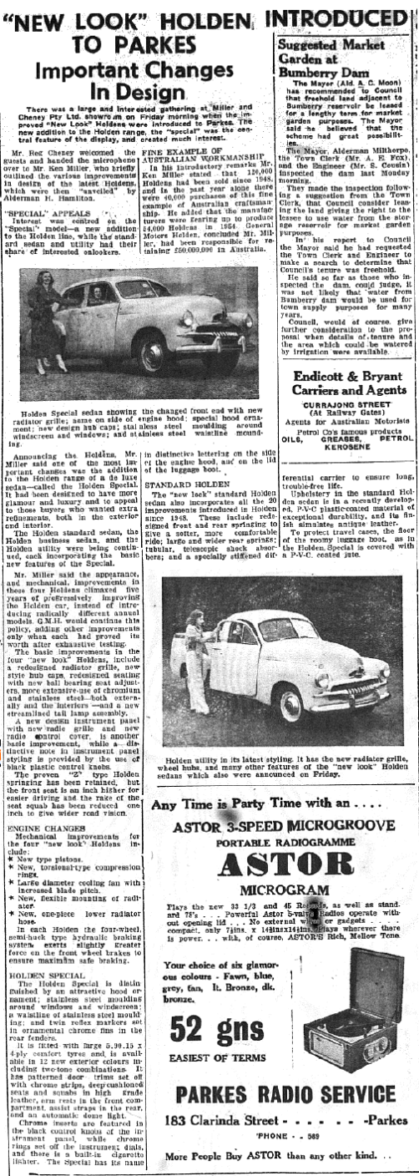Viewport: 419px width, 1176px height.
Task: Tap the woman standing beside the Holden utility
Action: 186,622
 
